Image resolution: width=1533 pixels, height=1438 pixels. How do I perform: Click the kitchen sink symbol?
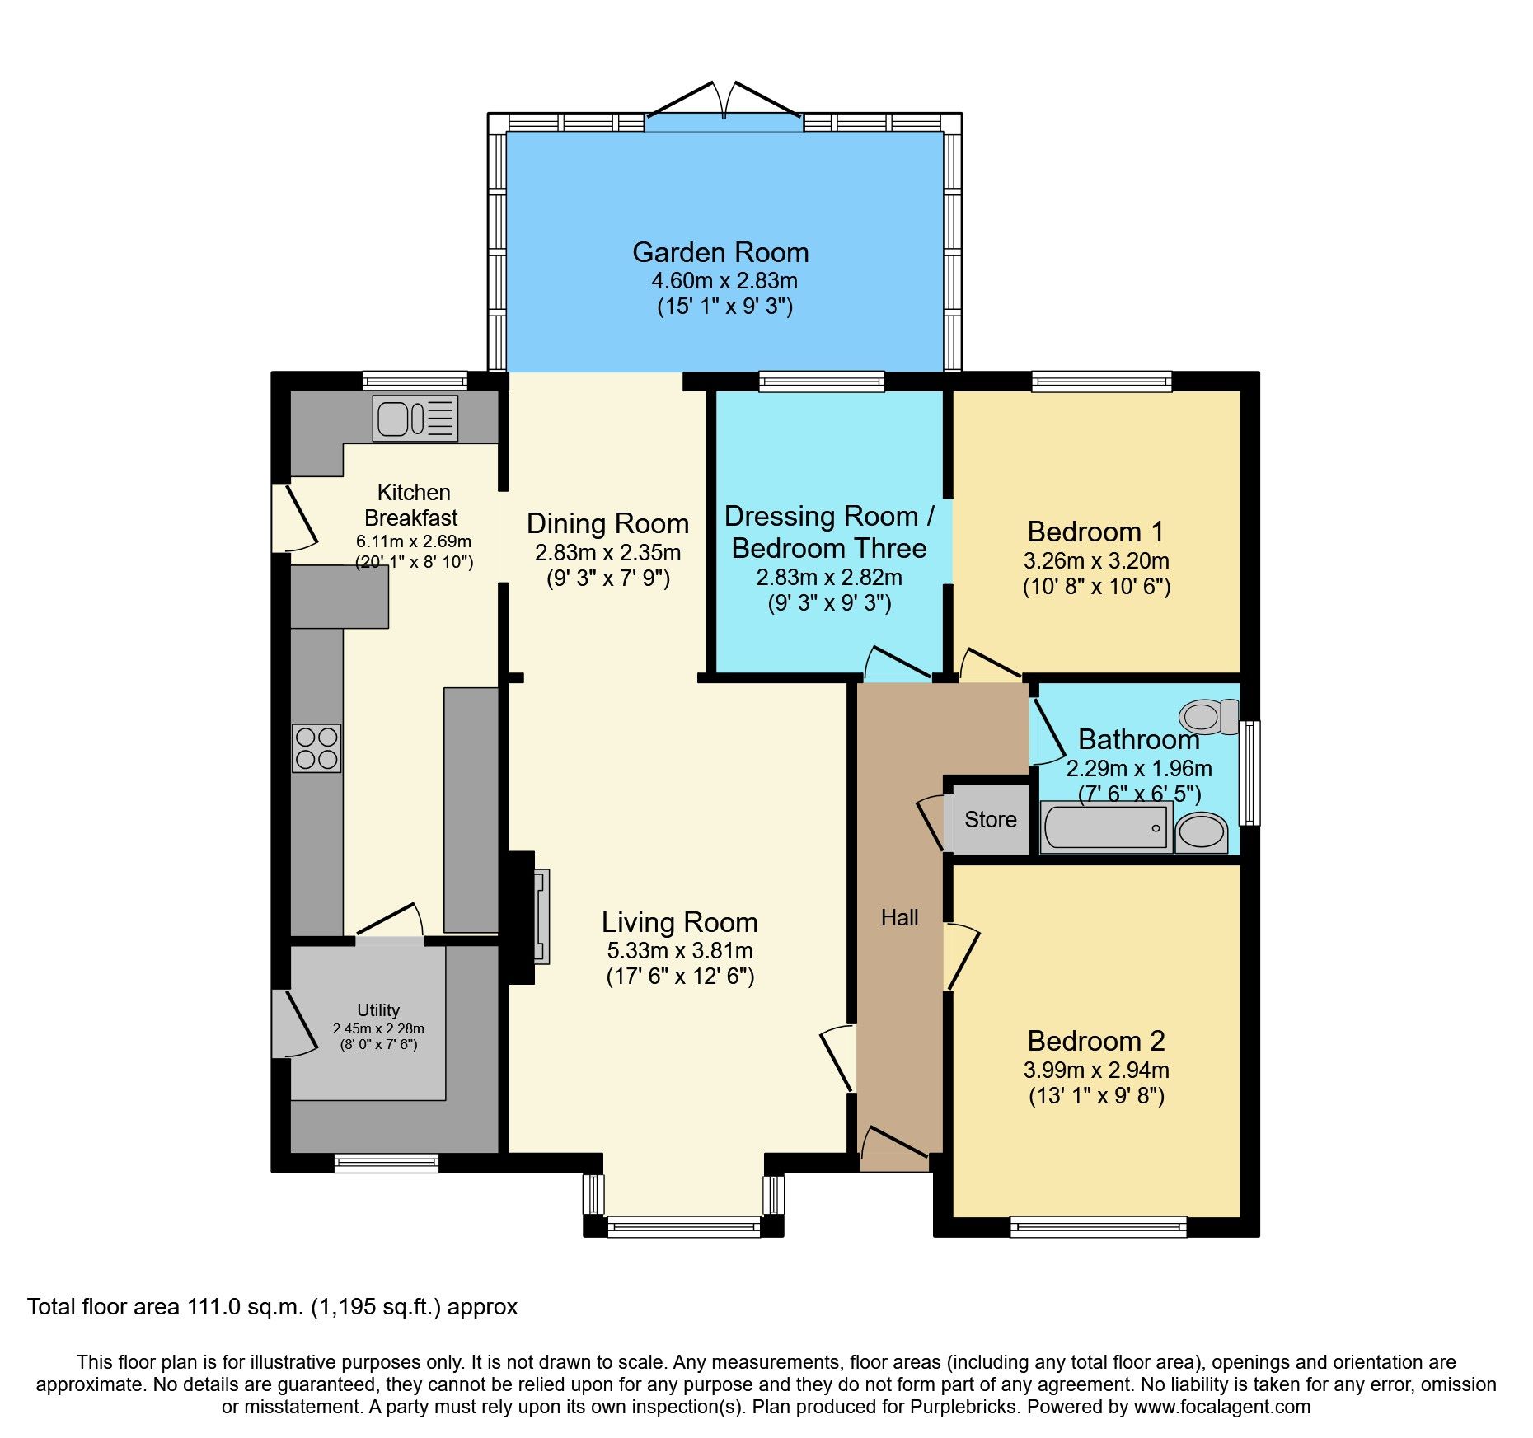(x=415, y=419)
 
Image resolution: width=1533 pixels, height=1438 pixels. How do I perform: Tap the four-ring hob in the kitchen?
(x=316, y=748)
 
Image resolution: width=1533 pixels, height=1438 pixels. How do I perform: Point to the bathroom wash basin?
(x=1201, y=832)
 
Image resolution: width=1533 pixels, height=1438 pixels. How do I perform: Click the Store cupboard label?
(x=990, y=819)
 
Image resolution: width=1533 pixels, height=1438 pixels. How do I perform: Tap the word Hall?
(x=899, y=918)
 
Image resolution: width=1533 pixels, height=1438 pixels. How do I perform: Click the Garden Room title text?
(x=720, y=252)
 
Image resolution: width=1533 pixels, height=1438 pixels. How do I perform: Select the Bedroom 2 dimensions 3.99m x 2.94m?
(x=1096, y=1070)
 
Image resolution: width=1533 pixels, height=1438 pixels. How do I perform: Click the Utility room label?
(x=378, y=1009)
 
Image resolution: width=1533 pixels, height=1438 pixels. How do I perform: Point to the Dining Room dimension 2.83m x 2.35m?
(x=607, y=552)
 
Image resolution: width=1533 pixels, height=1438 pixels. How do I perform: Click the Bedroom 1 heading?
(x=1096, y=532)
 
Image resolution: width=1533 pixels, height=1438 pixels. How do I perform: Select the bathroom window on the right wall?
(x=1250, y=772)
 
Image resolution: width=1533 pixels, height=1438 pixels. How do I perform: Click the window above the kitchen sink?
(x=415, y=381)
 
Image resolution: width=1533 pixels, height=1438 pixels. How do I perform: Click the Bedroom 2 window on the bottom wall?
(x=1098, y=1227)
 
